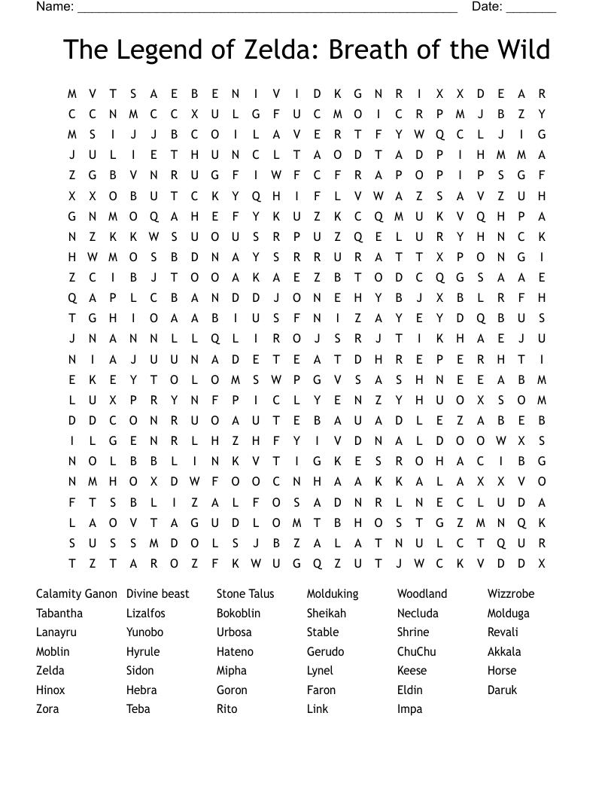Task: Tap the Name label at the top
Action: [x=55, y=7]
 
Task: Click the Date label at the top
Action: [x=487, y=7]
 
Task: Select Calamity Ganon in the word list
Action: [x=77, y=594]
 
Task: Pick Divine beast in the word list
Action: [x=158, y=594]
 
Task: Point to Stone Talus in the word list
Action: [x=245, y=594]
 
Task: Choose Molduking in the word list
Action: [x=333, y=594]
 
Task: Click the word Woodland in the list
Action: [x=422, y=594]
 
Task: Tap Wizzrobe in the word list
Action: [x=511, y=594]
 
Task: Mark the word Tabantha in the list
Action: [x=59, y=614]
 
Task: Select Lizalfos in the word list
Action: [x=146, y=614]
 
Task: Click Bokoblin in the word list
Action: [x=239, y=614]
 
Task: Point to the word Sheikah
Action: [x=327, y=614]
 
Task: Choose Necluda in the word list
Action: [x=418, y=614]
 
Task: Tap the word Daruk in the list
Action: [x=503, y=690]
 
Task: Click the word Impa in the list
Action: [x=410, y=709]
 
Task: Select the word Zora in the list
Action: [x=47, y=709]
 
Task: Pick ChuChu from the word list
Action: [x=417, y=652]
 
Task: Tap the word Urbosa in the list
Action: [x=234, y=632]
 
